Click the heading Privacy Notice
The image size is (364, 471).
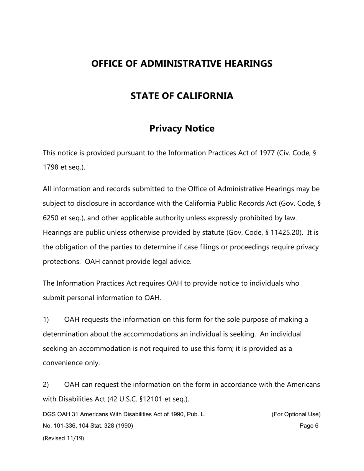tap(182, 128)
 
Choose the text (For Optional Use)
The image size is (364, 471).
tap(296, 414)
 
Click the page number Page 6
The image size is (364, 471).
tap(309, 426)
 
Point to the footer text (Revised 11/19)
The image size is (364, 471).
tap(63, 438)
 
